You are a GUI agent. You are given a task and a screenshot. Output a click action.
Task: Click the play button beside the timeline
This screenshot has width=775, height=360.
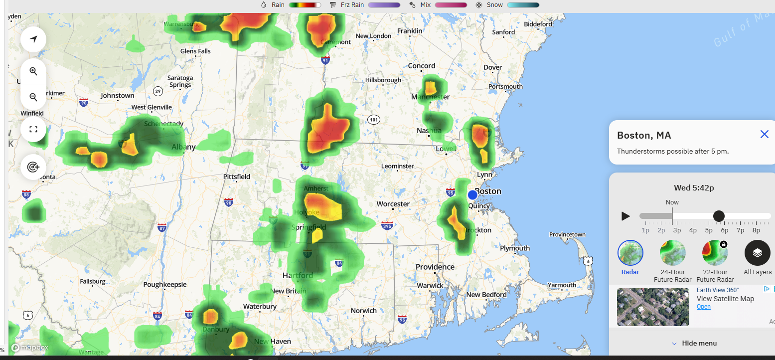pyautogui.click(x=625, y=216)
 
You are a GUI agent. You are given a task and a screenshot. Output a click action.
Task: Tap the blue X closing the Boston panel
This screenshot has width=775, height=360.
pyautogui.click(x=764, y=134)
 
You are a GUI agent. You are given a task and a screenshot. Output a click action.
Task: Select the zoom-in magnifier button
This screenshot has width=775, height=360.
pyautogui.click(x=33, y=71)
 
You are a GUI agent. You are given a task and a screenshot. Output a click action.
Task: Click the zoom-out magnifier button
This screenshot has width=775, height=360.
pyautogui.click(x=33, y=97)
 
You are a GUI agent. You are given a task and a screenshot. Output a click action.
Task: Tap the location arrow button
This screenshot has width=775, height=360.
pyautogui.click(x=33, y=39)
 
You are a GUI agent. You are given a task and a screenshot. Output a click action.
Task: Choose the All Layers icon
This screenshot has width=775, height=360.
pyautogui.click(x=757, y=253)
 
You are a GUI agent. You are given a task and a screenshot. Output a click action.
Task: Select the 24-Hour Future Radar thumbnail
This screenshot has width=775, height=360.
pyautogui.click(x=672, y=253)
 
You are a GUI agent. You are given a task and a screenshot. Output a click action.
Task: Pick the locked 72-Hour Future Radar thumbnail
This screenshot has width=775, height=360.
pyautogui.click(x=715, y=253)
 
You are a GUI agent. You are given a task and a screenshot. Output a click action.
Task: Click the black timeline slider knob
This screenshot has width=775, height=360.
pyautogui.click(x=719, y=216)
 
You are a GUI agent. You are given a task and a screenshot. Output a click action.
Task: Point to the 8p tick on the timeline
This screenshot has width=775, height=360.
pyautogui.click(x=756, y=230)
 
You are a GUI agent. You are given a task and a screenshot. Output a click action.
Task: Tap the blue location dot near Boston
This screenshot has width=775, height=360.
pyautogui.click(x=472, y=195)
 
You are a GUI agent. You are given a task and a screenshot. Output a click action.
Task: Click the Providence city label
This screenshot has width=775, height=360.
pyautogui.click(x=435, y=267)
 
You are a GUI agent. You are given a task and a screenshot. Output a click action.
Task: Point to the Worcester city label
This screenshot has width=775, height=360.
pyautogui.click(x=393, y=204)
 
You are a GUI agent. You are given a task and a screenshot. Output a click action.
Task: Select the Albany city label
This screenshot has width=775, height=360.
pyautogui.click(x=183, y=147)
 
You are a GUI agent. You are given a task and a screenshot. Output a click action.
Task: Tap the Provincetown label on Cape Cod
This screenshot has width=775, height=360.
pyautogui.click(x=567, y=234)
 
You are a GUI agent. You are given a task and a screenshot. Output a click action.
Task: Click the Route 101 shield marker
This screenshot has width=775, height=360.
pyautogui.click(x=374, y=120)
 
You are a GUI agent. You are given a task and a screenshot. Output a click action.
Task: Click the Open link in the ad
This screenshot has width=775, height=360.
pyautogui.click(x=703, y=307)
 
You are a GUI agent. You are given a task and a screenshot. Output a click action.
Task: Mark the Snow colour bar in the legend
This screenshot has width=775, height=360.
pyautogui.click(x=523, y=5)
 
